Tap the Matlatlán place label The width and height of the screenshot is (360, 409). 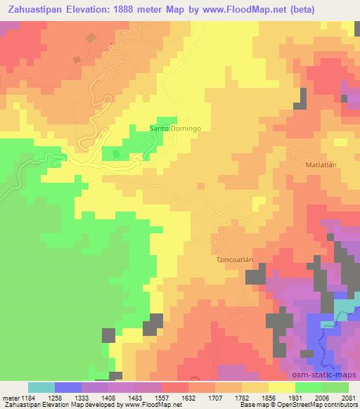pyautogui.click(x=321, y=165)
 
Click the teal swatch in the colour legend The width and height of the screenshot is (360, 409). pyautogui.click(x=41, y=387)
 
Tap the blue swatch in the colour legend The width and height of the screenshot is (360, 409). pyautogui.click(x=68, y=387)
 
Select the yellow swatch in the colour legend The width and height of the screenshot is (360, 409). pyautogui.click(x=282, y=387)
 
